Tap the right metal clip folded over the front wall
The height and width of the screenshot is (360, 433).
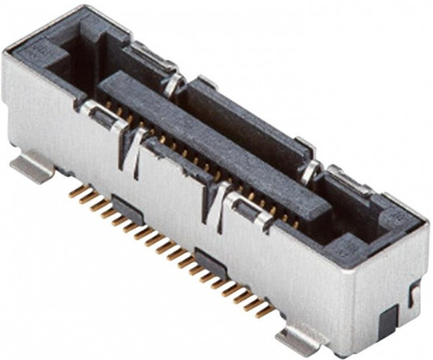pos(254,210)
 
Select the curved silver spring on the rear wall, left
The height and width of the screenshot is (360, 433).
pos(175,83)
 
